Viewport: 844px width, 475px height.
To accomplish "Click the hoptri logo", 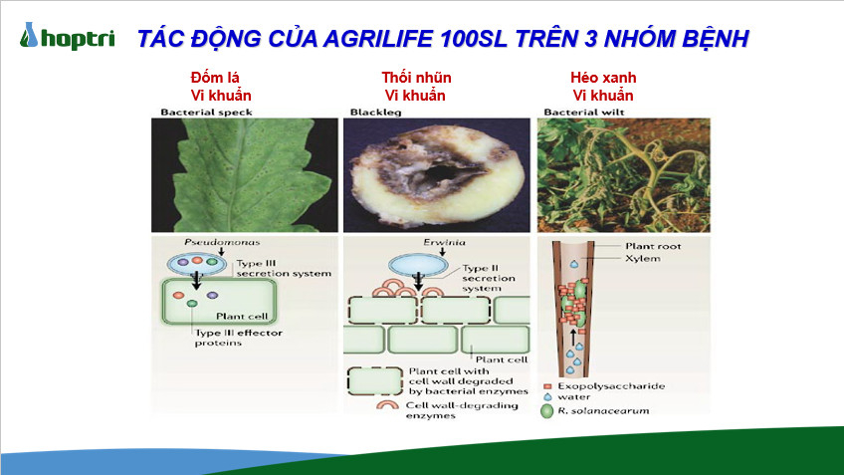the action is point(68,37).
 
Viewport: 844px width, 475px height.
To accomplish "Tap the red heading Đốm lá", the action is point(215,78).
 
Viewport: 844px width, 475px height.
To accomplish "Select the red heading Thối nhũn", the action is point(416,78).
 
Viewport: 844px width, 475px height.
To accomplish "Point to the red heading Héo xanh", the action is point(603,78).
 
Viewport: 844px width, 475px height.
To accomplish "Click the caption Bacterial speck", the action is point(206,112).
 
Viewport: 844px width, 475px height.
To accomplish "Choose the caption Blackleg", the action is point(375,112).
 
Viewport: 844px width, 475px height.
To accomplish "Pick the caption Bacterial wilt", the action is point(584,112).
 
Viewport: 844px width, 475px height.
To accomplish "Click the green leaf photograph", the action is point(245,175).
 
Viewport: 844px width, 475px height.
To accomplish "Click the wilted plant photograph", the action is point(623,175).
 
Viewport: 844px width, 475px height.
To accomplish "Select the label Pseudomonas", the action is point(222,242).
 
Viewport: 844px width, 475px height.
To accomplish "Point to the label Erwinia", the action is point(444,242).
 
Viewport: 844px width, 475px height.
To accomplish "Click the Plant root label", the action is point(653,246).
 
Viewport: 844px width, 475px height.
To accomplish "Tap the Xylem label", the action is point(643,259).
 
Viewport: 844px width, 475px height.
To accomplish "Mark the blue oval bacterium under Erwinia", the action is point(418,265).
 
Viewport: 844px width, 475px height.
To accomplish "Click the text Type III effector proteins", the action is point(239,338).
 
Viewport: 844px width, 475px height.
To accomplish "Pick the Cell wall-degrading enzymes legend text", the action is point(462,410).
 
